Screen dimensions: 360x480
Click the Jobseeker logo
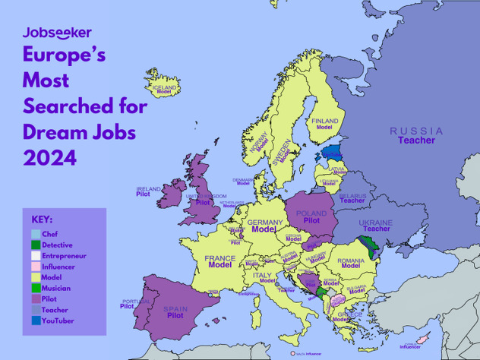click(x=57, y=33)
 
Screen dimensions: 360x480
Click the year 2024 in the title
click(x=50, y=158)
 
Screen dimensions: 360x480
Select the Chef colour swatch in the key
click(x=36, y=235)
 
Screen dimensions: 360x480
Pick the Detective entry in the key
click(x=57, y=245)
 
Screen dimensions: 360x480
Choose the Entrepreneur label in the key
click(x=64, y=256)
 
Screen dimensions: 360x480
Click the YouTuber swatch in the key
click(x=36, y=321)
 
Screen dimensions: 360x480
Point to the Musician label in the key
click(x=56, y=289)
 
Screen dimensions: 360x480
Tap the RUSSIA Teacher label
click(x=416, y=136)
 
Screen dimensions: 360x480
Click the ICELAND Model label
click(x=164, y=90)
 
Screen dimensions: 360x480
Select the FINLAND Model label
click(x=325, y=124)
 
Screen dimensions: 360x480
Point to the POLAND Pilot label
click(x=311, y=217)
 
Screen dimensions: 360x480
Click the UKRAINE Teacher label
click(x=376, y=225)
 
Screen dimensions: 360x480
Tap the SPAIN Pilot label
click(x=175, y=312)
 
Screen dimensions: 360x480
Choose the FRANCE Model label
click(x=219, y=262)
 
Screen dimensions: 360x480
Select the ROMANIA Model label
click(x=351, y=263)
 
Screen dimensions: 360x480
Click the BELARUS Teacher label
click(x=352, y=198)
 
